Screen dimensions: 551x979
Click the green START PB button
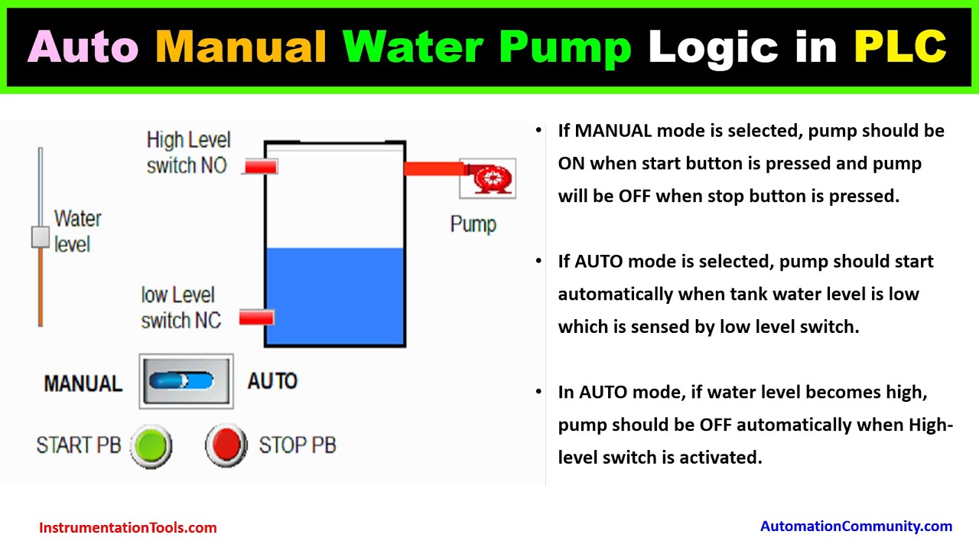[151, 445]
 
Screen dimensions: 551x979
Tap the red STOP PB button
[226, 445]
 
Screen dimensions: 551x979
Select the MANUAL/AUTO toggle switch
[186, 380]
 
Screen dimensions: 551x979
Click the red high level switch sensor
[261, 166]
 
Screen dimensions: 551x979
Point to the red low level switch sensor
[257, 318]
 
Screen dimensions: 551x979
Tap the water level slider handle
[41, 237]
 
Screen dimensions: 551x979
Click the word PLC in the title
[899, 47]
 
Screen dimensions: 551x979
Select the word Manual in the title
[241, 47]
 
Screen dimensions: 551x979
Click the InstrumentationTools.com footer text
[128, 527]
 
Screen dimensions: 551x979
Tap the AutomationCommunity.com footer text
[856, 526]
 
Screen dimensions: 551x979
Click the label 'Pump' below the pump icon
[473, 224]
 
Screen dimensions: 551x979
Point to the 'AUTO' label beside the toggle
[272, 380]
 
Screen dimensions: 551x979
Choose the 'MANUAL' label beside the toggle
[83, 383]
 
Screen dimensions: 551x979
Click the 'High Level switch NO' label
[188, 152]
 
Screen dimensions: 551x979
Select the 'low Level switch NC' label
[181, 308]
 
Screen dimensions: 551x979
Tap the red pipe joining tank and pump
[431, 168]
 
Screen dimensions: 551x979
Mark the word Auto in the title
[83, 47]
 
